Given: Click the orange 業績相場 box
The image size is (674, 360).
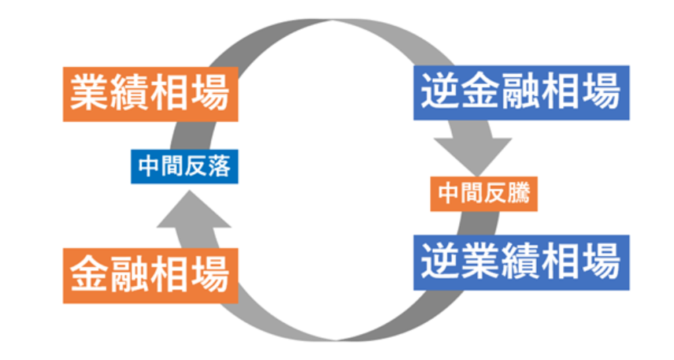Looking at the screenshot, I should click(x=150, y=93).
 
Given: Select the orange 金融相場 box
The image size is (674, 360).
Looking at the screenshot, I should click(x=150, y=275).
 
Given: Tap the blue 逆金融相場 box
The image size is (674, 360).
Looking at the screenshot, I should click(x=521, y=92).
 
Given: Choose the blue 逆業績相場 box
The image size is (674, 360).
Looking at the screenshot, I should click(x=521, y=262).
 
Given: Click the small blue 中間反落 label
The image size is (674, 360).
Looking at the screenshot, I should click(x=184, y=168).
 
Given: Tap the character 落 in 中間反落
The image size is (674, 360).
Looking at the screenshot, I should click(x=220, y=168).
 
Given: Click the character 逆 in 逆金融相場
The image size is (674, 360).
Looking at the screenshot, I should click(x=441, y=92).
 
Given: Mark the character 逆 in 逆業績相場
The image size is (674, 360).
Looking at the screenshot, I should click(x=441, y=262).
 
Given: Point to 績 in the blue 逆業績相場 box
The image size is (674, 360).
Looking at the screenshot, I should click(x=521, y=262).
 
